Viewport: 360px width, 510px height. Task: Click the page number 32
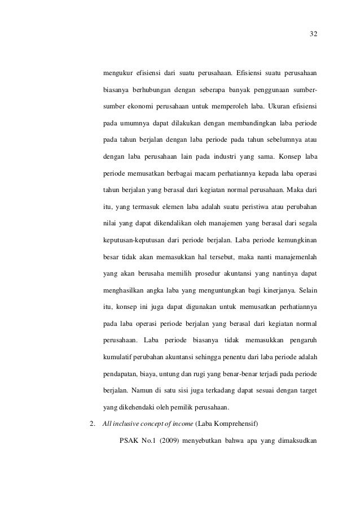tap(314, 33)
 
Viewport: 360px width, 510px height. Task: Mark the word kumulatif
tap(118, 358)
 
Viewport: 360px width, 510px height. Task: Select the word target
tap(306, 390)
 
